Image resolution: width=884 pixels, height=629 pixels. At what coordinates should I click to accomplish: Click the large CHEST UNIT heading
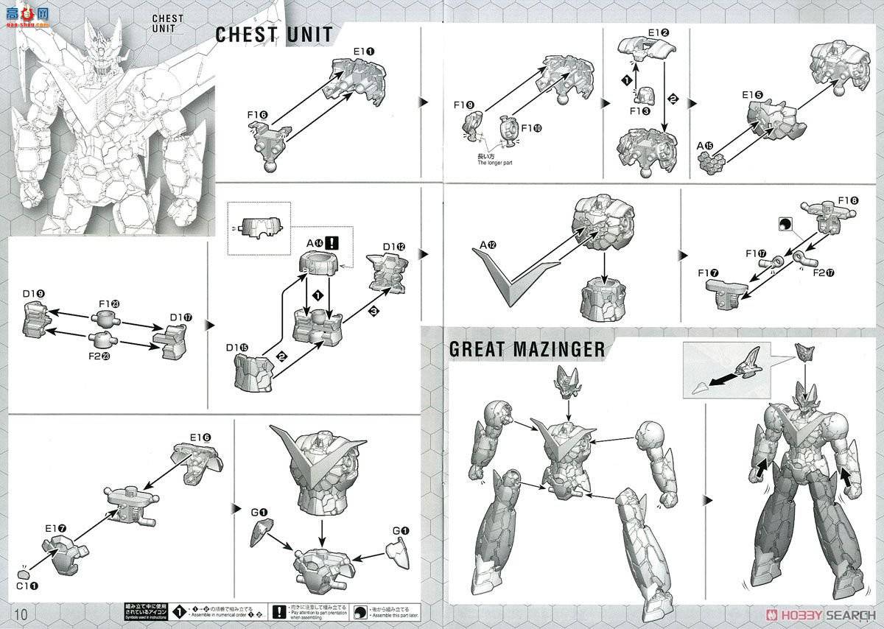(273, 35)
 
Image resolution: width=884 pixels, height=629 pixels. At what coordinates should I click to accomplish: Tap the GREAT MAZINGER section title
(526, 349)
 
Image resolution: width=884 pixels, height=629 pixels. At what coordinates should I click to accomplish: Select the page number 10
(20, 614)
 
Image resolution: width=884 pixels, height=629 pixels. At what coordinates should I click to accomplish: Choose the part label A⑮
(705, 146)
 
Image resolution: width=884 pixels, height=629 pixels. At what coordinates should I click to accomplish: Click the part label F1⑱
(848, 200)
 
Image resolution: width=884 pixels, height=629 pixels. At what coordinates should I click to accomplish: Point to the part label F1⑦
(709, 273)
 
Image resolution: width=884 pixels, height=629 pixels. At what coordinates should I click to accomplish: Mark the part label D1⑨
(35, 295)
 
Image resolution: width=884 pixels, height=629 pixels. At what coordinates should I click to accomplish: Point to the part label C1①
(27, 586)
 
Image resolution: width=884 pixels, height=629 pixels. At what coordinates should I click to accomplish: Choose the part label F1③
(639, 111)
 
